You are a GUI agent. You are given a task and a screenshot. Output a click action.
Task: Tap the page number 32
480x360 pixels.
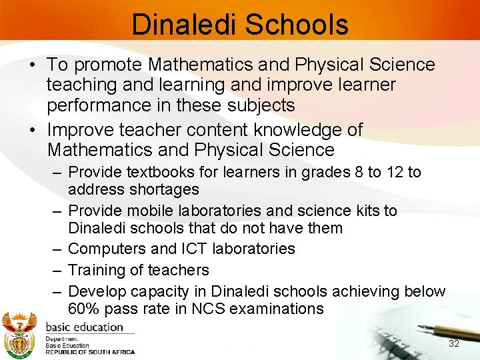(454, 343)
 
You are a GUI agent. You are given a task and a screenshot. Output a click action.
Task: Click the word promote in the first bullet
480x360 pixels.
(109, 65)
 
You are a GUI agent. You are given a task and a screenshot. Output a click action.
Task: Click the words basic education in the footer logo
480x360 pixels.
(84, 327)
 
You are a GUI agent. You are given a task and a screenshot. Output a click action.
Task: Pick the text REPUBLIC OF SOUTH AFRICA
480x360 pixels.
(90, 351)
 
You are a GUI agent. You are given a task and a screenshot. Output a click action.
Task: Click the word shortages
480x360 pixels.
(166, 189)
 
